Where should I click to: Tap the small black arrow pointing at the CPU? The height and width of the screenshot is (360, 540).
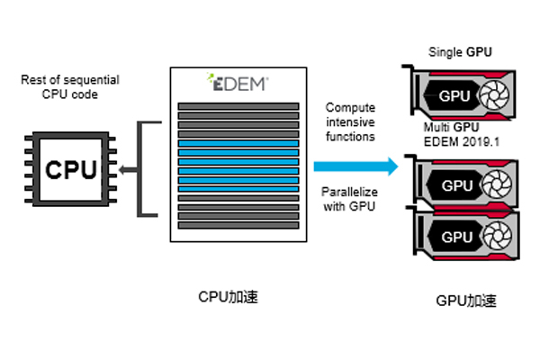tap(126, 168)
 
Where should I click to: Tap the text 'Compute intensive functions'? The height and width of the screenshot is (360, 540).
tap(350, 121)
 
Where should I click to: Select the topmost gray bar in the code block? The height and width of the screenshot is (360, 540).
tap(238, 106)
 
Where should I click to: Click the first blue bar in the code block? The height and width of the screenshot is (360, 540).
tap(238, 143)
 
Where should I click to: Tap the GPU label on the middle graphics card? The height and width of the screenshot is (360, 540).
tap(457, 185)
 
